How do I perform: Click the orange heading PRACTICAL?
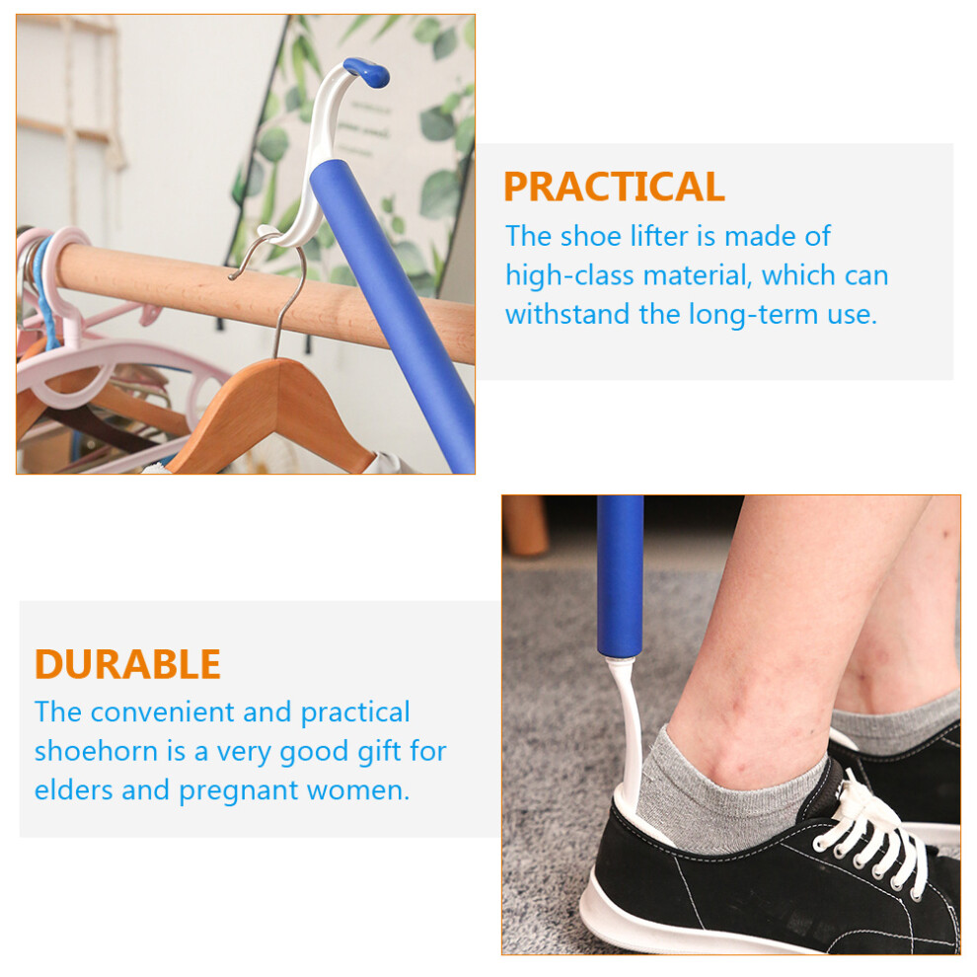tap(614, 187)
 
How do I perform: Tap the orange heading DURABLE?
tap(127, 664)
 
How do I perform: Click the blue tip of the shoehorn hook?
tap(367, 72)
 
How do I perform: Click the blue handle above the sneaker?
tap(620, 576)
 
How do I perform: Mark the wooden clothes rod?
tap(262, 296)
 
